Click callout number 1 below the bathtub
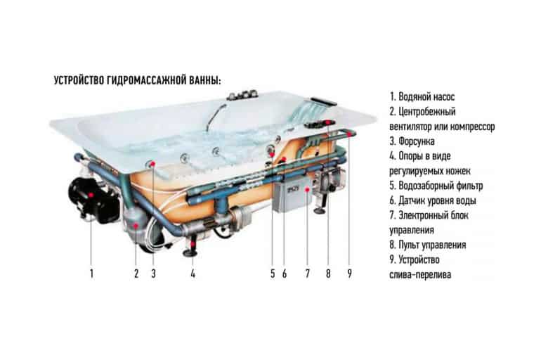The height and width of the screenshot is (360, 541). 91,274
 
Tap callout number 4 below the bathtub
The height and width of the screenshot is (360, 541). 193,274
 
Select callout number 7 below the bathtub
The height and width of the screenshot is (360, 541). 308,274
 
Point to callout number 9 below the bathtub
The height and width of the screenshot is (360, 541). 349,274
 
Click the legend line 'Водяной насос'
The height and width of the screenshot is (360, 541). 422,96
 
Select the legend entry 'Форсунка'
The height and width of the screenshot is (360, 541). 412,141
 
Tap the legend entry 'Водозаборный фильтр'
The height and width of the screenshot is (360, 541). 436,186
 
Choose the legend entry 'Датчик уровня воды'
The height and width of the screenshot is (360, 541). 433,200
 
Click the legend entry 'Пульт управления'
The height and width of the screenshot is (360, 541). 428,245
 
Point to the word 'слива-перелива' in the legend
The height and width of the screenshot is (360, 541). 420,275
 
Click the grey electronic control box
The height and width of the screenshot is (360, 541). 292,195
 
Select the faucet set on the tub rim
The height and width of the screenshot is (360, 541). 242,95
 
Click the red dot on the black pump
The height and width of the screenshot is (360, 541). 91,195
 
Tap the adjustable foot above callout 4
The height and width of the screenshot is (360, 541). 191,246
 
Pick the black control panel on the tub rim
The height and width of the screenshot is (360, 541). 320,124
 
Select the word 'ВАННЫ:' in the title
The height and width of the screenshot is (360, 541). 205,80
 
